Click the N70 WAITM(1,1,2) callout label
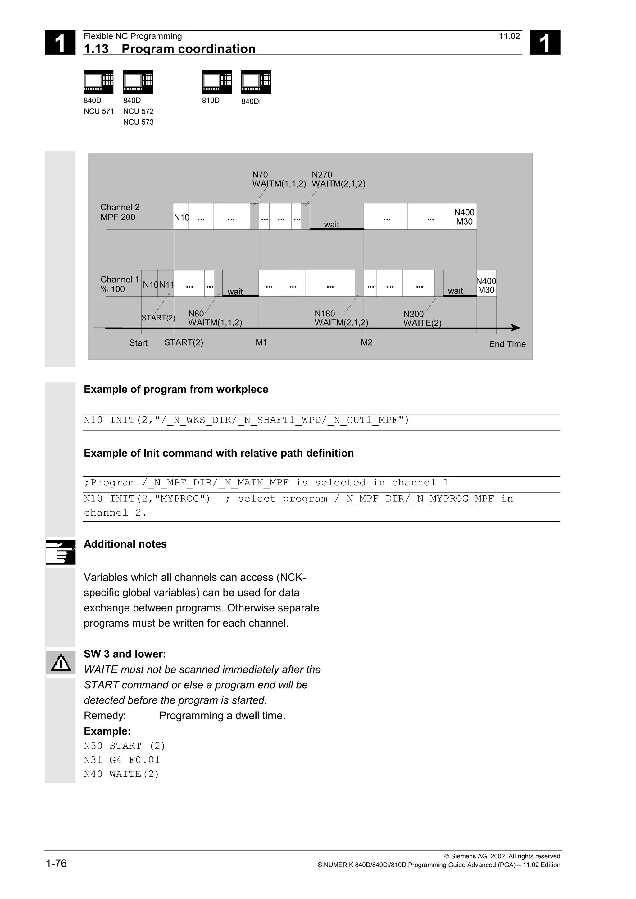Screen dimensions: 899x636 (x=279, y=179)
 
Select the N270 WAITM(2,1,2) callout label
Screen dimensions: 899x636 (x=338, y=179)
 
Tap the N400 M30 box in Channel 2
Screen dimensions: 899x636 (x=464, y=217)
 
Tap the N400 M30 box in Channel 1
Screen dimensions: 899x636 (x=486, y=285)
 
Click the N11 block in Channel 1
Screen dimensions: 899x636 (x=166, y=285)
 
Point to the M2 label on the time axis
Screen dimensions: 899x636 (x=366, y=342)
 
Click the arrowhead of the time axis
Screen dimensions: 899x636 (x=516, y=328)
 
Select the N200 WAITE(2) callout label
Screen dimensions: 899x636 (x=422, y=318)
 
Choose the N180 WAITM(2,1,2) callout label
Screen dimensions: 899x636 (x=341, y=318)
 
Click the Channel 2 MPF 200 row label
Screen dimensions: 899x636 (x=120, y=212)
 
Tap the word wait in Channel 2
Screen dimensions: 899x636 (x=332, y=224)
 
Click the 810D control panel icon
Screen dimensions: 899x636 (x=217, y=82)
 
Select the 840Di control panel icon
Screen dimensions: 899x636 (x=256, y=82)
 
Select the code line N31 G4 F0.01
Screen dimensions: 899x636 (x=122, y=760)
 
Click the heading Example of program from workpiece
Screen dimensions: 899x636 (x=176, y=389)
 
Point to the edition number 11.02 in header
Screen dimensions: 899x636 (x=509, y=36)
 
